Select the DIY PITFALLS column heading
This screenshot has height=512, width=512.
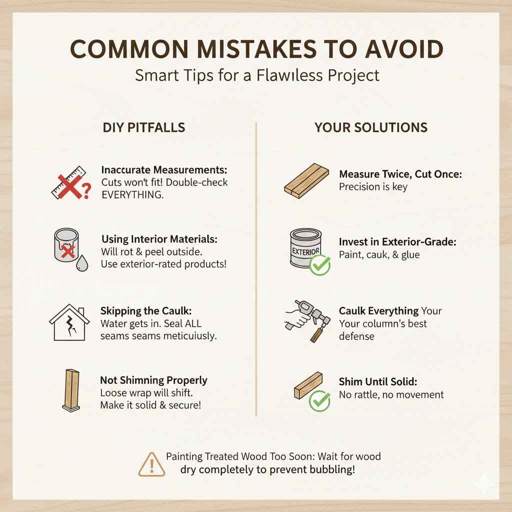(144, 127)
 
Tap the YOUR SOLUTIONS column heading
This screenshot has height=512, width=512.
(370, 127)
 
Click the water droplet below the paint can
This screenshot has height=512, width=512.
(81, 264)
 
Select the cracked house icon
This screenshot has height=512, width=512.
(69, 322)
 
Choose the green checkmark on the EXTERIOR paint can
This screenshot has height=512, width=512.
(320, 265)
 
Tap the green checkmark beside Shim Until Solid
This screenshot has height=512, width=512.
(319, 401)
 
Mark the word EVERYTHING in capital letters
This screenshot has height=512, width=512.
(132, 195)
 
